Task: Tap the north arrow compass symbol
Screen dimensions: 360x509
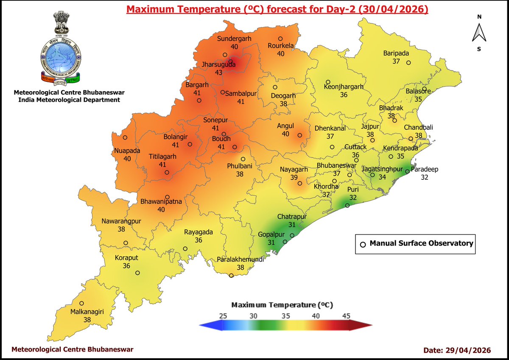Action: [479, 33]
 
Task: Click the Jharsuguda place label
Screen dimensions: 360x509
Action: [218, 65]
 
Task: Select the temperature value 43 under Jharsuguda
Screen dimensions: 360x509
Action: [219, 73]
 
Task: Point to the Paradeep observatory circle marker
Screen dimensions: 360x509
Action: [407, 172]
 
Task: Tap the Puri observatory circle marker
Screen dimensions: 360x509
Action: [347, 205]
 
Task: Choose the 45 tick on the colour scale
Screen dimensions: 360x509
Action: [346, 316]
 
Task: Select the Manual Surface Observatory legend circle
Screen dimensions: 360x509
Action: [363, 244]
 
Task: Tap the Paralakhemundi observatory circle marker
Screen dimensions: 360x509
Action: [231, 276]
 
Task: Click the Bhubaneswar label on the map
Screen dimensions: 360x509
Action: [336, 165]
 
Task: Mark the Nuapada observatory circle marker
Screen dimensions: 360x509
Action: [125, 137]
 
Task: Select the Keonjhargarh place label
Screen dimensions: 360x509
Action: [344, 87]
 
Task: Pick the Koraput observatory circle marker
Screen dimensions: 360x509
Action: [137, 273]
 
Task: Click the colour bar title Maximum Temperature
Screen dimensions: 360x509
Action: [282, 305]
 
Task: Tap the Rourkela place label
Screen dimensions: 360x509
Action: [280, 46]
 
